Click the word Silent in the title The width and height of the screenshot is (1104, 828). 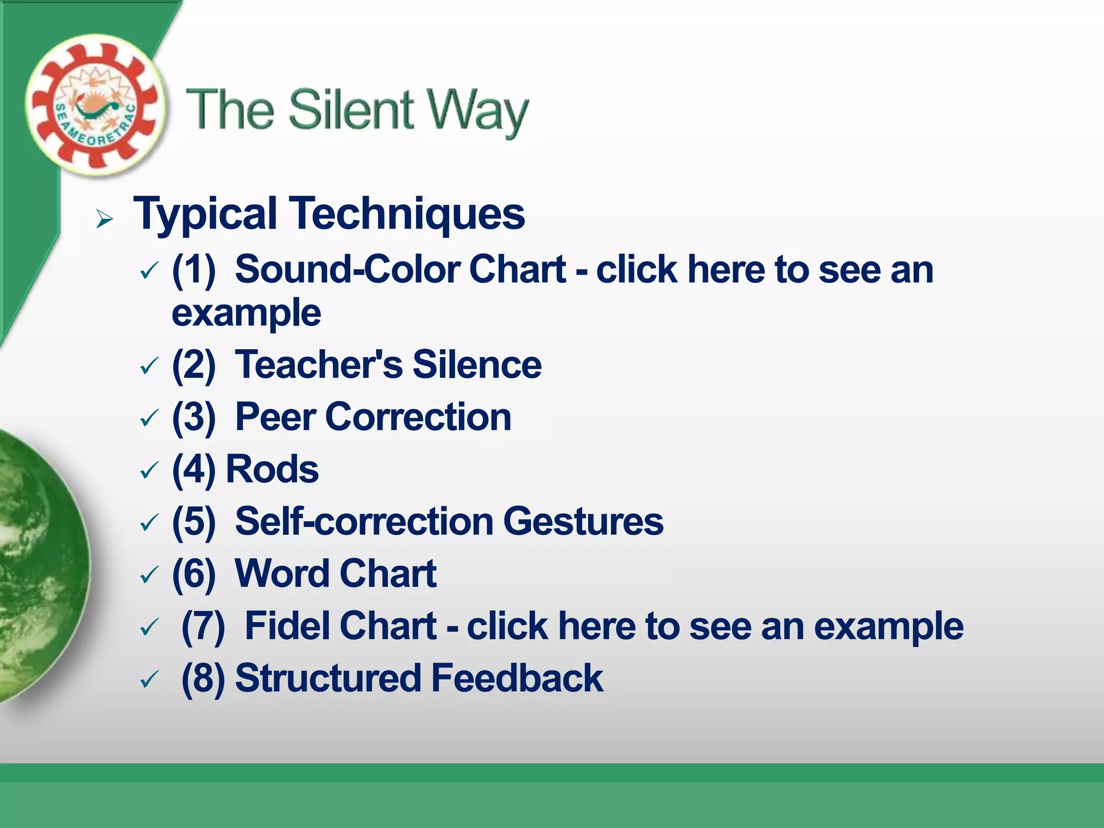pyautogui.click(x=351, y=110)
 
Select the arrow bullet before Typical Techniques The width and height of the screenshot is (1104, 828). pyautogui.click(x=105, y=219)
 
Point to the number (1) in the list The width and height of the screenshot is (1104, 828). pyautogui.click(x=194, y=270)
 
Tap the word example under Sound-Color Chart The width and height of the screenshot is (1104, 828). pyautogui.click(x=246, y=313)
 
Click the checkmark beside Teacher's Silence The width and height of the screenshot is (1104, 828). pyautogui.click(x=149, y=367)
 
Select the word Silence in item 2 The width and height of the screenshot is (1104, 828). pyautogui.click(x=477, y=364)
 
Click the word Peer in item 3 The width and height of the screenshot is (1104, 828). pyautogui.click(x=275, y=417)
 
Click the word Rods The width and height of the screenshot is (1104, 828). pyautogui.click(x=272, y=469)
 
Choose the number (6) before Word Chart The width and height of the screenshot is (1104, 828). pyautogui.click(x=194, y=574)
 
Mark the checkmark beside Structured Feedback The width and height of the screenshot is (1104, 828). pyautogui.click(x=149, y=680)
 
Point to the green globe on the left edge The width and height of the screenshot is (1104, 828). pyautogui.click(x=38, y=566)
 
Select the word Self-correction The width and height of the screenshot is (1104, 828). pyautogui.click(x=364, y=521)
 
